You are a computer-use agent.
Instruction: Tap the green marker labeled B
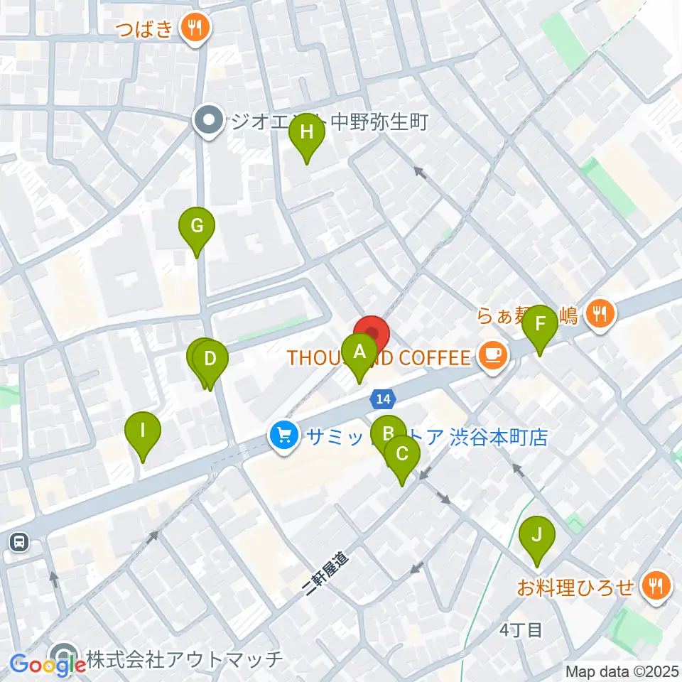387,433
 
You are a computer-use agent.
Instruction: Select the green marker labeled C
402,453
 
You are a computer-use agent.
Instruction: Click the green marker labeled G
197,226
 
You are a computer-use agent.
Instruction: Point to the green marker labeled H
307,132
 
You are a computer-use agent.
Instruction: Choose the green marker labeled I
143,431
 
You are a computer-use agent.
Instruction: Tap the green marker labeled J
537,534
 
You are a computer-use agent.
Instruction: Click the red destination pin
372,332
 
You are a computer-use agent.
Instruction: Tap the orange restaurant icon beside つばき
193,28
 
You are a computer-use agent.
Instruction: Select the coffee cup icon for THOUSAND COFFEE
492,355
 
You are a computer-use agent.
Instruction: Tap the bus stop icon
18,543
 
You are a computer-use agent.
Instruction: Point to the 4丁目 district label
521,629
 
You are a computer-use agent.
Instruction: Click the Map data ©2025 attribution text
622,671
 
